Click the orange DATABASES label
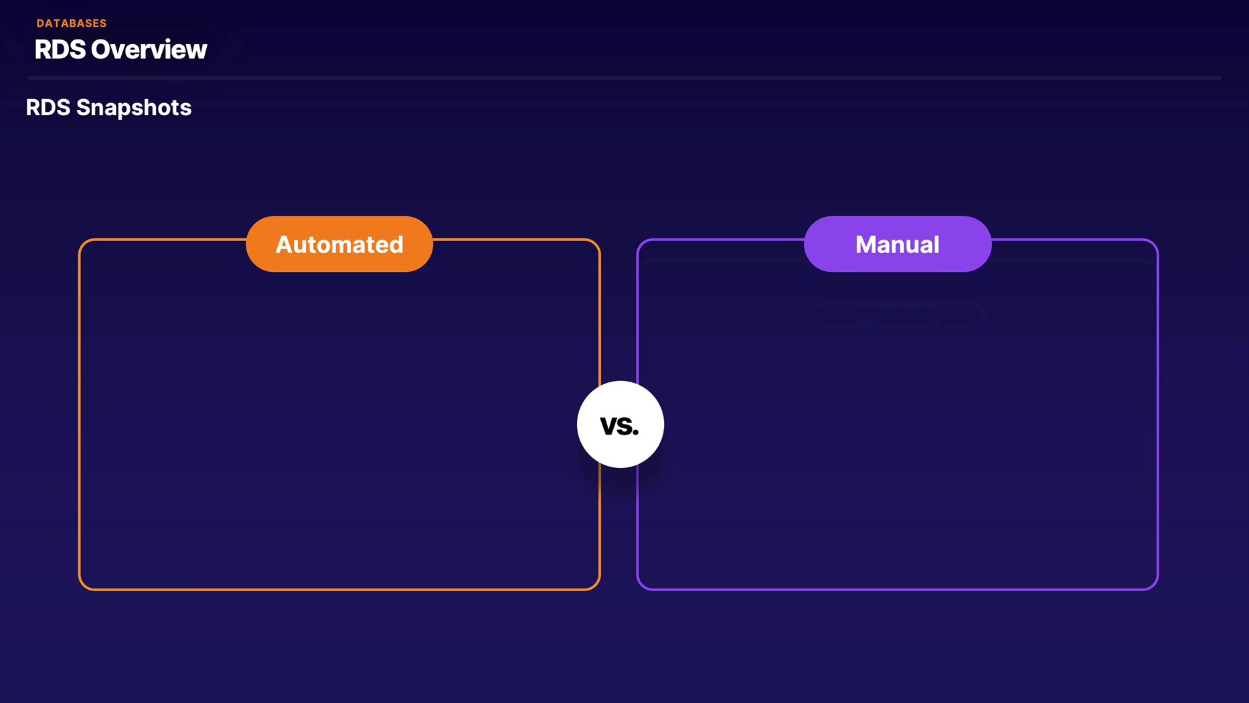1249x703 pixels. click(72, 23)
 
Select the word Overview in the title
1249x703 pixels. click(149, 50)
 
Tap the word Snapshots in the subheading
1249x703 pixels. click(134, 108)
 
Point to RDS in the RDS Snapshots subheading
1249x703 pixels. click(48, 108)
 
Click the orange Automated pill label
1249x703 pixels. click(339, 244)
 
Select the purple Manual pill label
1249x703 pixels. click(898, 244)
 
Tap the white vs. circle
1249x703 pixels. click(620, 424)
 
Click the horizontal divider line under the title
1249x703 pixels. click(624, 78)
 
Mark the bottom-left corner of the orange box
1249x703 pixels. click(79, 590)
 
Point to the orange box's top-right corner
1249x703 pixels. click(600, 239)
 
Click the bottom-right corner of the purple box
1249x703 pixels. click(1158, 590)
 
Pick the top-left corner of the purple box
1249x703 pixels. click(637, 239)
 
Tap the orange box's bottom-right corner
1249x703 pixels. click(600, 590)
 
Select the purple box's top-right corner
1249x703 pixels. click(1158, 239)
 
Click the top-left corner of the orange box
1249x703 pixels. click(79, 239)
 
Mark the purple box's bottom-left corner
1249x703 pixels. click(637, 590)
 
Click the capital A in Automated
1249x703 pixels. click(285, 244)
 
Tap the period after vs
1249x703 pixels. click(636, 433)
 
